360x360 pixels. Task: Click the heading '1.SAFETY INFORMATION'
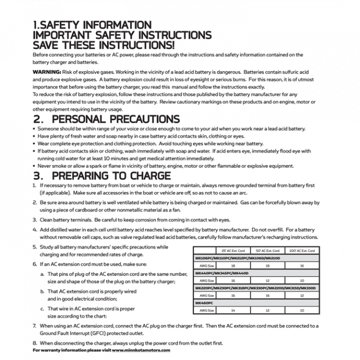coord(92,25)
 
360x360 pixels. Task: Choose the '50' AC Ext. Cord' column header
coord(266,250)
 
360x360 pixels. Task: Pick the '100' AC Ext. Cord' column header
coord(301,250)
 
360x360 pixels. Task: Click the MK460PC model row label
coord(204,303)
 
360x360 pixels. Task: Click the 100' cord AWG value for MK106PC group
coord(301,265)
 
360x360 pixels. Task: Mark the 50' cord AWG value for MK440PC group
coord(266,280)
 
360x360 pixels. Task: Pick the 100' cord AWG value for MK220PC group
coord(301,295)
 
